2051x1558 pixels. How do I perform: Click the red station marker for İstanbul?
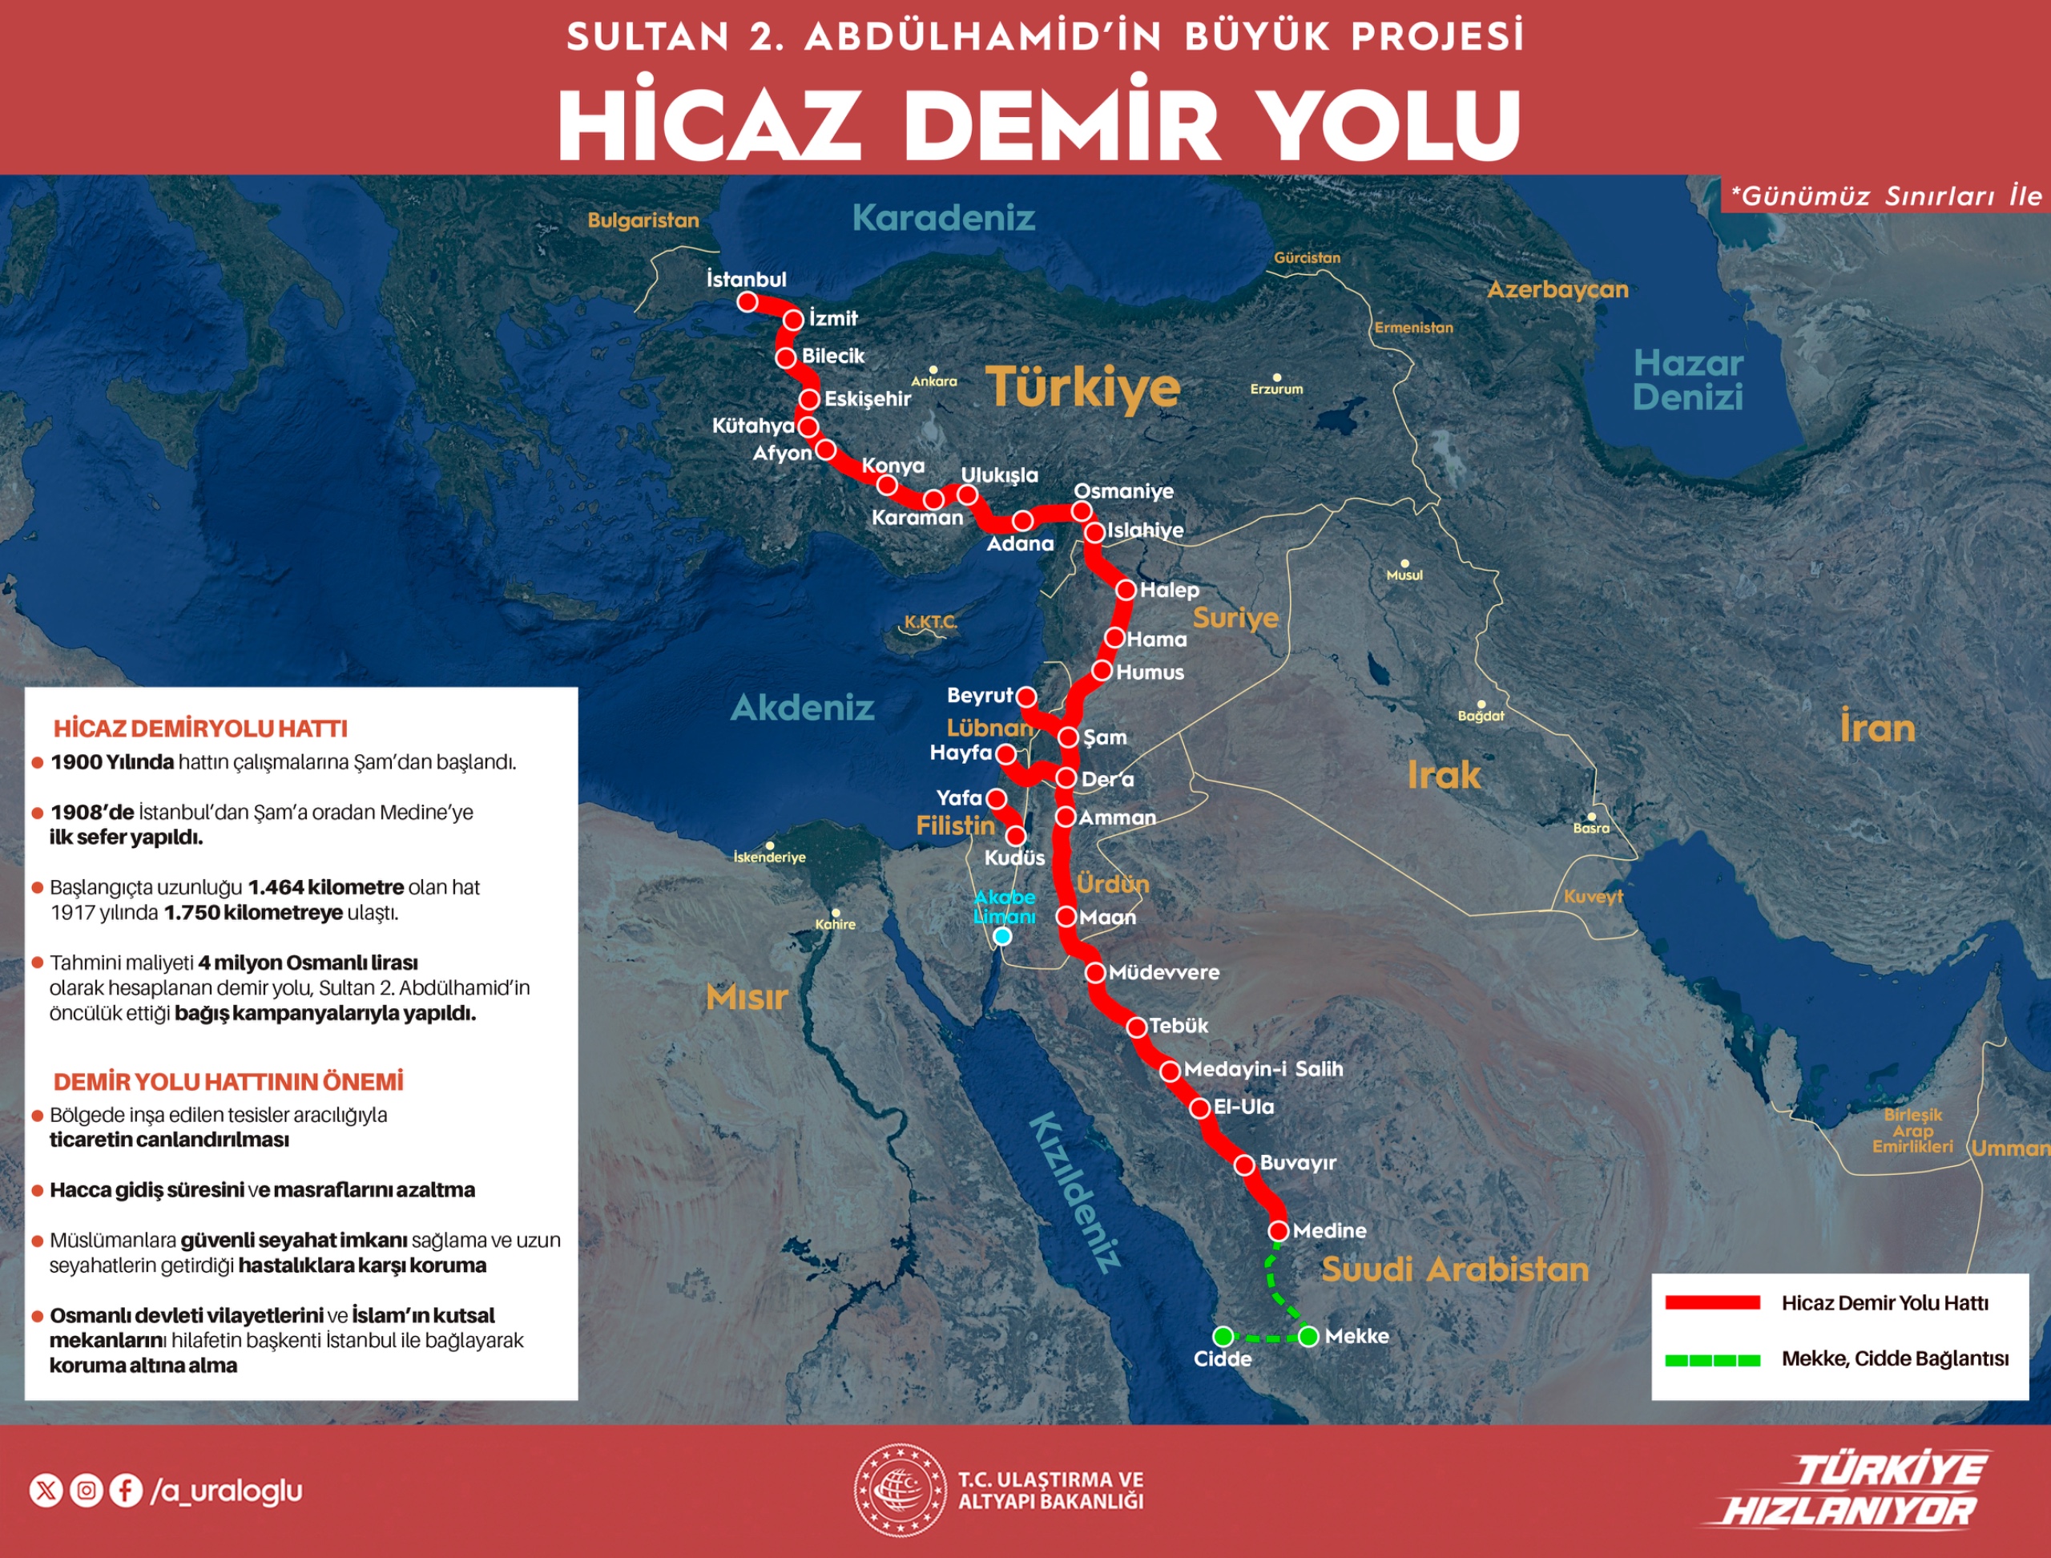[747, 301]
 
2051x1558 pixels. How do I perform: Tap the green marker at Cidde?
[1223, 1336]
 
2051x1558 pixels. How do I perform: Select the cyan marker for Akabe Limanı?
[1002, 936]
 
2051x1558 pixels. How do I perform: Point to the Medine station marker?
[1279, 1231]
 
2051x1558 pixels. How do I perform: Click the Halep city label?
[1169, 590]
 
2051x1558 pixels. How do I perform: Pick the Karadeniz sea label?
[943, 218]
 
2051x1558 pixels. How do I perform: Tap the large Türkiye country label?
[1082, 387]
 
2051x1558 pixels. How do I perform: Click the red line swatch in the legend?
[1711, 1303]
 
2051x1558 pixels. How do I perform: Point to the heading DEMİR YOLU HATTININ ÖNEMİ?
[228, 1081]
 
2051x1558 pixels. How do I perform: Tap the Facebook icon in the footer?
[126, 1491]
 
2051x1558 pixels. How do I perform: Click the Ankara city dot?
[933, 370]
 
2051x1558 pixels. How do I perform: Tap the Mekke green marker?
[1308, 1336]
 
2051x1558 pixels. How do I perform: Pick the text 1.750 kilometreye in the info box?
[253, 913]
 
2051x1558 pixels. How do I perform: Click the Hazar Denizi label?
[1687, 380]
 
